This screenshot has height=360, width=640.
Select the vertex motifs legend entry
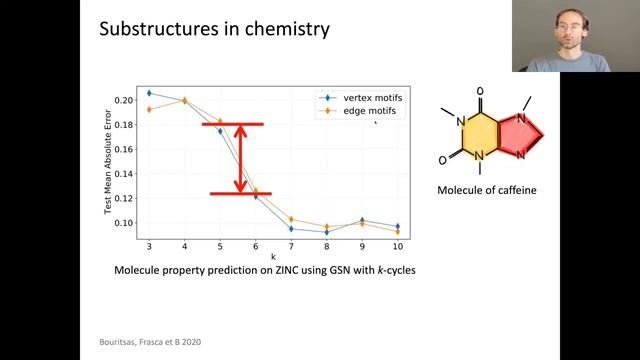click(x=362, y=98)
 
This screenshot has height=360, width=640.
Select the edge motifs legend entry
click(x=358, y=111)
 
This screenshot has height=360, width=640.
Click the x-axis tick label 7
click(x=291, y=246)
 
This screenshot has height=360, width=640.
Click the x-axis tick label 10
click(x=397, y=246)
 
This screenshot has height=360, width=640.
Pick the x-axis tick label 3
click(x=149, y=246)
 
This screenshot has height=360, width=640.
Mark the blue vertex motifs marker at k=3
click(x=149, y=93)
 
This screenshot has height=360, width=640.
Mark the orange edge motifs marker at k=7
click(x=291, y=219)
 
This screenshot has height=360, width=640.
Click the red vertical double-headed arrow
click(x=240, y=158)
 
